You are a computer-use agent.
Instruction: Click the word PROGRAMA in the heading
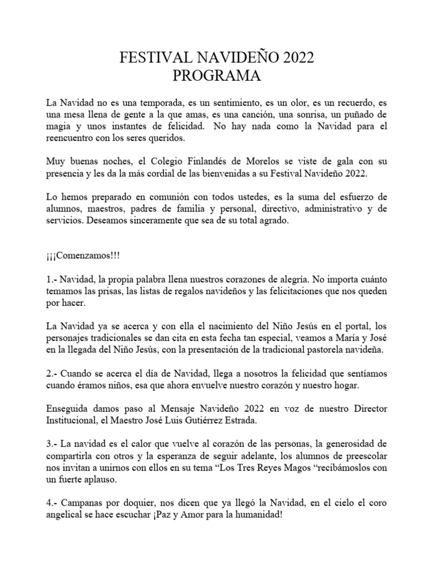coord(216,75)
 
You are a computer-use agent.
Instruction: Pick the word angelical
coord(68,515)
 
